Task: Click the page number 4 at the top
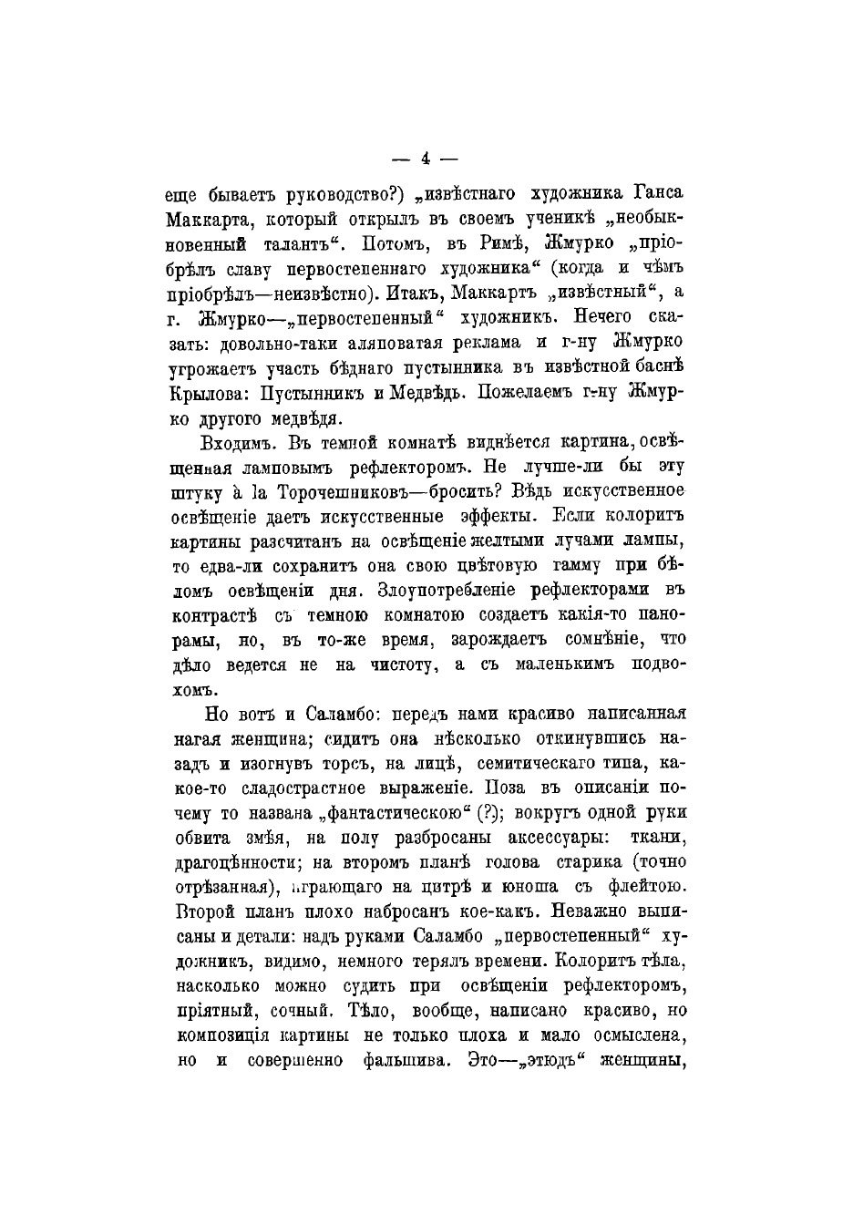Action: click(426, 160)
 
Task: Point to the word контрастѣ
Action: click(213, 615)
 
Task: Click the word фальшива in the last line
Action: click(403, 1060)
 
